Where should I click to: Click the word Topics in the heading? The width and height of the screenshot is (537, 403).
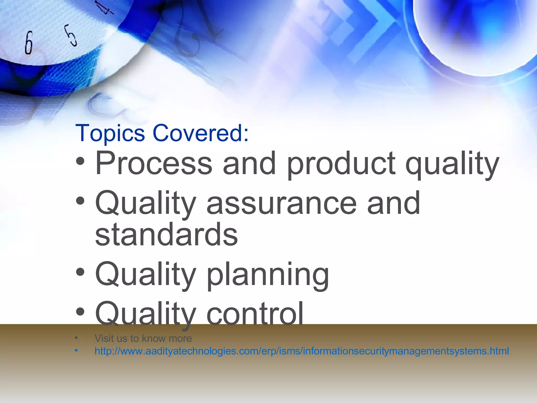(x=110, y=133)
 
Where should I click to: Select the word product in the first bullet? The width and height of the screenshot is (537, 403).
(x=341, y=164)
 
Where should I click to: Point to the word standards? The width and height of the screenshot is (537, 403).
(x=166, y=234)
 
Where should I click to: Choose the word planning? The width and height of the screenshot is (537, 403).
(x=268, y=275)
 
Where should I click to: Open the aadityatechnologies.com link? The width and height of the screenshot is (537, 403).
(x=302, y=351)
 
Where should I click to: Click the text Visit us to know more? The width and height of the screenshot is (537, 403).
(x=143, y=338)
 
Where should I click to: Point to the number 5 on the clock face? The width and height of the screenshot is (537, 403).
(x=71, y=36)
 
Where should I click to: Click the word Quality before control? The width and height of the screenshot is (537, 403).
(x=146, y=314)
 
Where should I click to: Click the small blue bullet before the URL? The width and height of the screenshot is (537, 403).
(x=76, y=351)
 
